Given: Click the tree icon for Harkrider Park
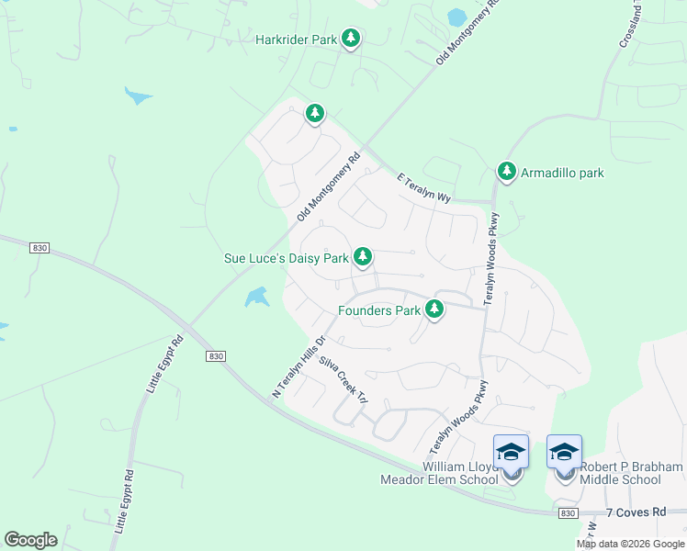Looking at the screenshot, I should (x=350, y=39).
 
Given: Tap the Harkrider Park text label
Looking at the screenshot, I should (x=296, y=39).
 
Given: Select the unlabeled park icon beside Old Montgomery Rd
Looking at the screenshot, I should (x=315, y=113).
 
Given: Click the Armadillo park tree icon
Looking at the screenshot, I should (x=506, y=171).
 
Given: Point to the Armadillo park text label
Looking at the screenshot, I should (x=562, y=172).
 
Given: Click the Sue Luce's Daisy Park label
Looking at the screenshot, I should (x=286, y=258).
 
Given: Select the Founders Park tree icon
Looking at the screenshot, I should (x=434, y=310).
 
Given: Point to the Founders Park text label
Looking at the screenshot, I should (x=378, y=310).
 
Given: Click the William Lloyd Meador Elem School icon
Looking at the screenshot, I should (x=511, y=452).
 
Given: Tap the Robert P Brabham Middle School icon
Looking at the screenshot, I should (x=564, y=452).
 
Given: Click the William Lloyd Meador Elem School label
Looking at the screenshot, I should (x=441, y=473).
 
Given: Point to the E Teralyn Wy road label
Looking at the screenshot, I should (x=424, y=191).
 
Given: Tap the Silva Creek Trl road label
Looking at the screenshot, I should (x=343, y=380).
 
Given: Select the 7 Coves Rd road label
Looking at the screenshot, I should (x=636, y=512).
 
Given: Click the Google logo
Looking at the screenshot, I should (x=30, y=540).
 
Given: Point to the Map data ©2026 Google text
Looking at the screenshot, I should (x=630, y=544).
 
